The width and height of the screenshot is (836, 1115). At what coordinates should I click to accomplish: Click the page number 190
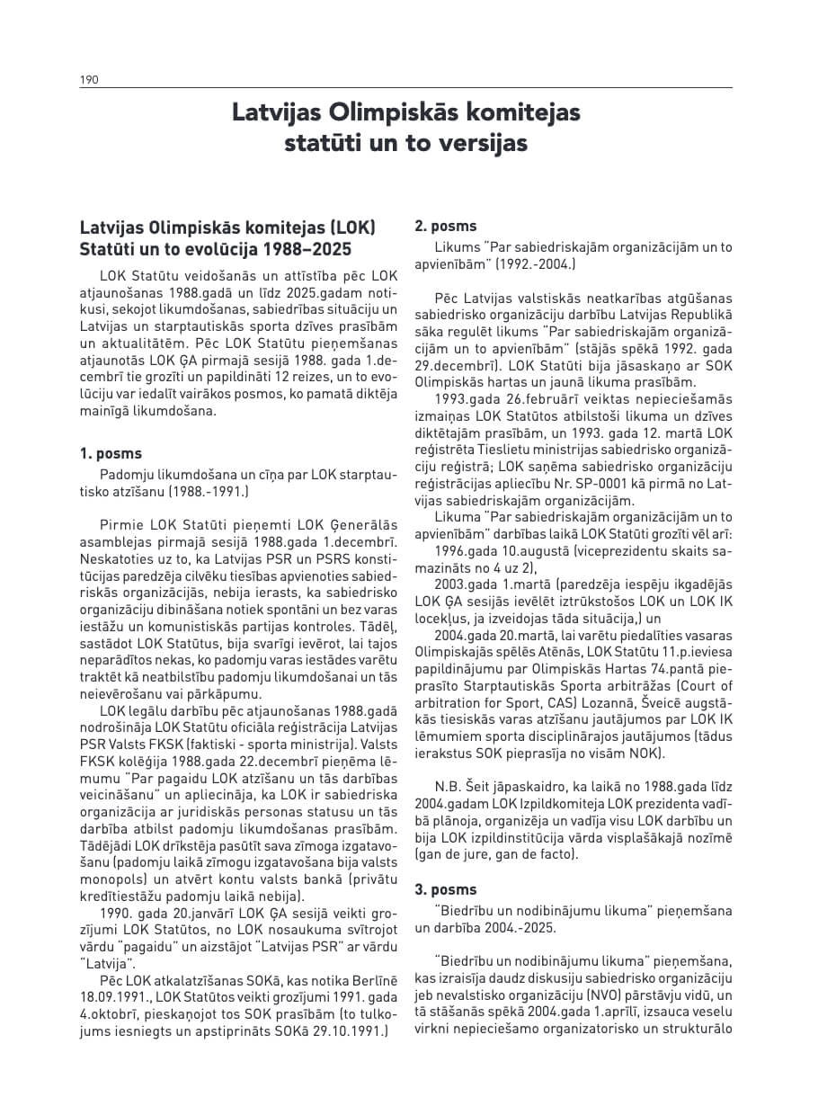click(x=89, y=80)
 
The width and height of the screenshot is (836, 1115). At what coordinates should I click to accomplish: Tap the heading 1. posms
click(x=111, y=454)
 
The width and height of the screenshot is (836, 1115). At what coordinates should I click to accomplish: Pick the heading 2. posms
click(x=446, y=227)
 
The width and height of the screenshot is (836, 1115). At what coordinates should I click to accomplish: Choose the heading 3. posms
click(x=446, y=890)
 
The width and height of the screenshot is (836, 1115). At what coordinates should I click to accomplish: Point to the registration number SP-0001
click(x=563, y=485)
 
